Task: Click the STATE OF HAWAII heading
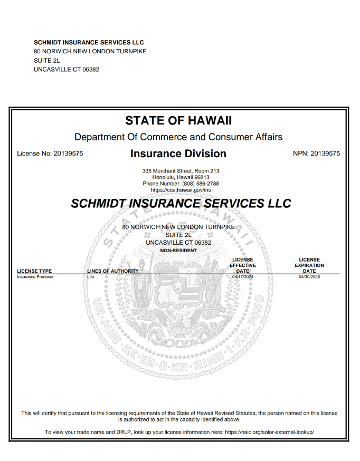click(x=178, y=120)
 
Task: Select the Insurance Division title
click(x=178, y=154)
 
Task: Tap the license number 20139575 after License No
click(x=68, y=154)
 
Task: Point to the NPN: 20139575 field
click(x=316, y=154)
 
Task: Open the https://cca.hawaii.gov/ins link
click(x=181, y=189)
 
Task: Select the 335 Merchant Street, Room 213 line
click(x=181, y=171)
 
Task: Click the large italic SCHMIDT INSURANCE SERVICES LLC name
click(x=181, y=204)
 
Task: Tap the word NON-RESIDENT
click(x=178, y=251)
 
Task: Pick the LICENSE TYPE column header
click(x=34, y=271)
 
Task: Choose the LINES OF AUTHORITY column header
click(x=113, y=271)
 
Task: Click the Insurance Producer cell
click(x=35, y=276)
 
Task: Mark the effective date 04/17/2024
click(x=243, y=276)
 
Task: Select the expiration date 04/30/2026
click(x=309, y=276)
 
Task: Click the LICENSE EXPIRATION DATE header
click(x=309, y=265)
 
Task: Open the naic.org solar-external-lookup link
click(x=269, y=432)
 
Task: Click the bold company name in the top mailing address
click(x=89, y=42)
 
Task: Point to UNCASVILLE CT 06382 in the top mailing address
click(x=67, y=69)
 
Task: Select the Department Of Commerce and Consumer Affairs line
click(x=178, y=137)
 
